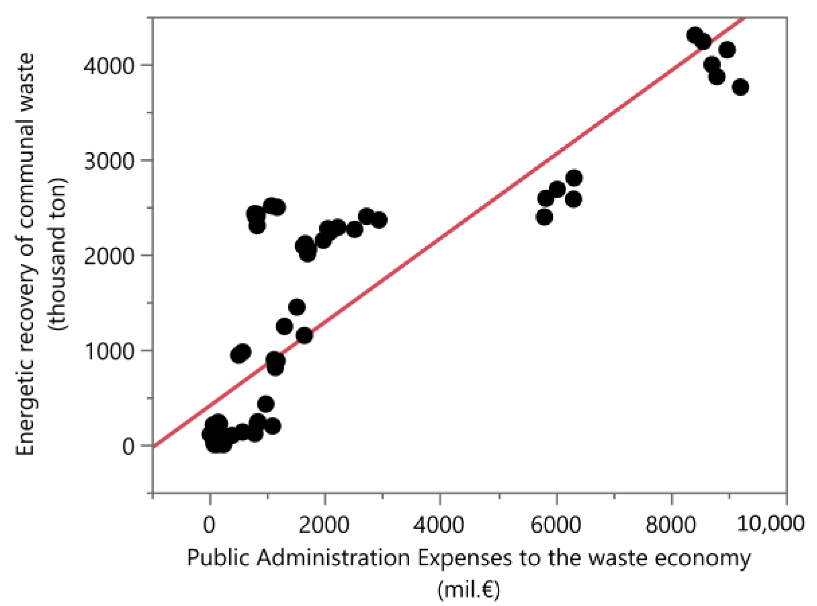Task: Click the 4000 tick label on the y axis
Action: click(x=109, y=66)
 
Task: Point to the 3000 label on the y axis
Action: click(x=109, y=161)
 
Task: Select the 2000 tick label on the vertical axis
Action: click(x=109, y=256)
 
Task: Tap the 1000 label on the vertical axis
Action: click(x=109, y=351)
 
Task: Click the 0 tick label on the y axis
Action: click(x=128, y=446)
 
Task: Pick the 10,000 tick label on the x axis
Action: click(x=770, y=523)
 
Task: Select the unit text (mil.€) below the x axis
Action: click(x=468, y=589)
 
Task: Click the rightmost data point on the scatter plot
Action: click(x=740, y=87)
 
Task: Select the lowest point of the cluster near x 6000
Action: click(x=544, y=217)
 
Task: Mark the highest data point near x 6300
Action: click(x=574, y=178)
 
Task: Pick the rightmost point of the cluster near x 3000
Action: click(x=379, y=220)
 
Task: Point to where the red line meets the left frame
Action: click(x=154, y=446)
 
